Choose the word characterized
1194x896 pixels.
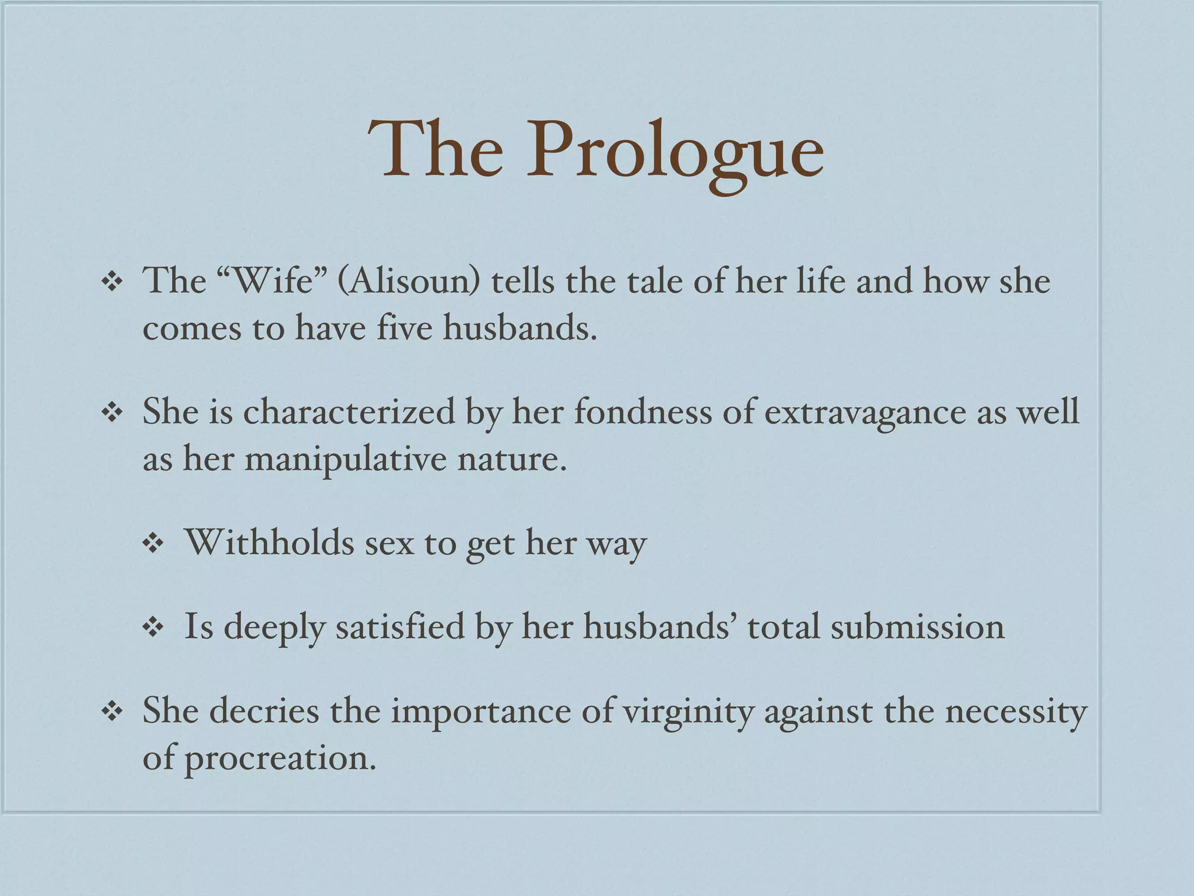[x=349, y=412]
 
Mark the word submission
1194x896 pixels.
[x=917, y=627]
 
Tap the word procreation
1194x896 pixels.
[x=280, y=759]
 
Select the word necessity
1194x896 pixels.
[x=1016, y=712]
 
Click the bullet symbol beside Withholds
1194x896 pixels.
[x=153, y=544]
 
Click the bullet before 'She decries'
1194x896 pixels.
[x=111, y=712]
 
